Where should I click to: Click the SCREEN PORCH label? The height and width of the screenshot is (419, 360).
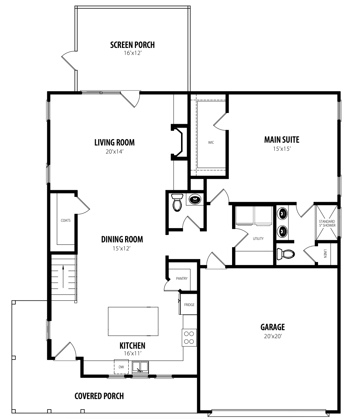[x=132, y=45]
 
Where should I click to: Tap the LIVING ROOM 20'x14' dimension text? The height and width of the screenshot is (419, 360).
[x=115, y=152]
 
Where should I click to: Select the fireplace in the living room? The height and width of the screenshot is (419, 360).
[x=179, y=142]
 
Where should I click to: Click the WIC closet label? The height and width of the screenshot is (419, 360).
[x=211, y=142]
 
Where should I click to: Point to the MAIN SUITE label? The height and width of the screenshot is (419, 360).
[x=282, y=140]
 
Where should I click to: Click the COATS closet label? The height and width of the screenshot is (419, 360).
[x=66, y=220]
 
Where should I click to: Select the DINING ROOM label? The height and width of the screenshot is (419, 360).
[x=122, y=239]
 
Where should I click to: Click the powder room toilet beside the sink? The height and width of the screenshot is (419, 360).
[x=177, y=202]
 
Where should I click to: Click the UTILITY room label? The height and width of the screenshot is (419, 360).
[x=258, y=239]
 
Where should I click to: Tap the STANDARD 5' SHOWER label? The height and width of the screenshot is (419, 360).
[x=327, y=223]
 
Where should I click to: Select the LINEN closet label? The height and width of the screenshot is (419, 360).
[x=325, y=254]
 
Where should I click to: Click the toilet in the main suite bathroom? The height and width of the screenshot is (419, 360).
[x=285, y=254]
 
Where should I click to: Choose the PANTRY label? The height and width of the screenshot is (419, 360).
[x=182, y=278]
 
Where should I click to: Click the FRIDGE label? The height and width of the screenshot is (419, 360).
[x=189, y=305]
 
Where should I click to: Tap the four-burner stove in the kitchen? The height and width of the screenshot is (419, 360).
[x=189, y=338]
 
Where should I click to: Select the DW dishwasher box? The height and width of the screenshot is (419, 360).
[x=121, y=367]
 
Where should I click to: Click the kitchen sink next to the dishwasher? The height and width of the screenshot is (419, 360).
[x=140, y=368]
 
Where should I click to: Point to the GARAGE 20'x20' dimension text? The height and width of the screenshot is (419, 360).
[x=273, y=336]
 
